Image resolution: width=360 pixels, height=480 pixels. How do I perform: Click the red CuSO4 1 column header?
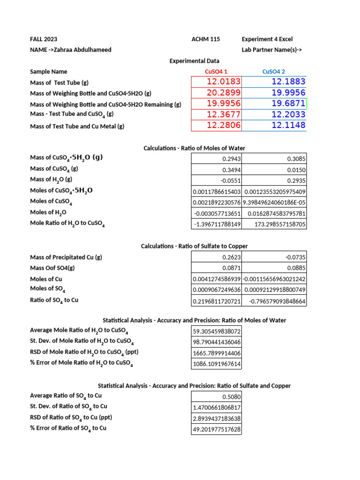point(216,72)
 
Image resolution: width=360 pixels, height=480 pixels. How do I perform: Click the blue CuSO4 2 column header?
point(274,72)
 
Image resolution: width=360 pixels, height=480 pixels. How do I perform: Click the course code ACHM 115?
point(206,39)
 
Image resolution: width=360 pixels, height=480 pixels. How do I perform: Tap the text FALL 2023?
point(44,39)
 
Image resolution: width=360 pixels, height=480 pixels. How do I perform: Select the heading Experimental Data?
point(194,61)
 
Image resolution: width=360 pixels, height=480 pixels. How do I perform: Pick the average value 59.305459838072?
point(217,331)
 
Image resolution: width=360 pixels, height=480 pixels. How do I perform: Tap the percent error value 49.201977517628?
point(217,429)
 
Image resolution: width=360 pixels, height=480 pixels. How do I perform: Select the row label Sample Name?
point(48,72)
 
